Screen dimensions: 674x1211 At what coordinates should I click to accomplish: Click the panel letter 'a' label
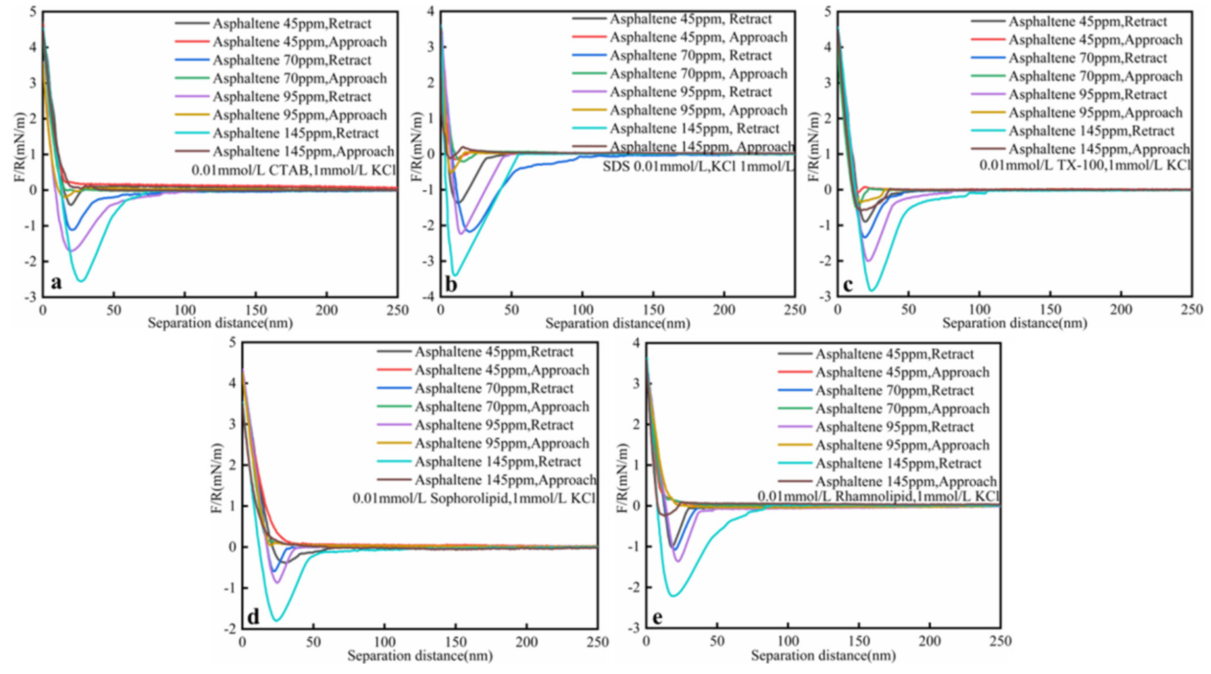[56, 283]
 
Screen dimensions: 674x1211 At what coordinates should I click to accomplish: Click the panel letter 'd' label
[253, 617]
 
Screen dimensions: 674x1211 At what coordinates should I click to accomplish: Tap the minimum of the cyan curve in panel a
[81, 281]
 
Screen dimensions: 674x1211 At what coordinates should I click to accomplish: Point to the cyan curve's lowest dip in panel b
[455, 275]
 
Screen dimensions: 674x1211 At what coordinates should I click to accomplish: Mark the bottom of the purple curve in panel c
[868, 261]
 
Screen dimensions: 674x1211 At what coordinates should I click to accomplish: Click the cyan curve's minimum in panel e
[673, 596]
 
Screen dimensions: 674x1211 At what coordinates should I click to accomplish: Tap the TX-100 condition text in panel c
[1084, 165]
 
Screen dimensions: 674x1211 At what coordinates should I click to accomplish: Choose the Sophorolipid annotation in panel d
[473, 498]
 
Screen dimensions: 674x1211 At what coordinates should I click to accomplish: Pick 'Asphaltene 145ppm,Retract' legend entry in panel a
[295, 133]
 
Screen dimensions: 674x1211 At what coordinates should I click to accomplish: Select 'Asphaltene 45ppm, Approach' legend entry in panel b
[698, 37]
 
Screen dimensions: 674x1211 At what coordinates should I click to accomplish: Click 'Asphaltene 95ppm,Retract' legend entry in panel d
[494, 425]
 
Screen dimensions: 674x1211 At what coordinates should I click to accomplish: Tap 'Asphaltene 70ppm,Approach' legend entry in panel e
[902, 408]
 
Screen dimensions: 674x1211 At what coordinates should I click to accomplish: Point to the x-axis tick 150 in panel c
[1050, 310]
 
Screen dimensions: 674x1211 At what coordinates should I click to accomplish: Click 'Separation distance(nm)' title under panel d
[420, 656]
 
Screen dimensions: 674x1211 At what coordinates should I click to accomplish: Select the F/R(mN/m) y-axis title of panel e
[622, 478]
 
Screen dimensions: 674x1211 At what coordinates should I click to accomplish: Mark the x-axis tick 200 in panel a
[326, 310]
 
